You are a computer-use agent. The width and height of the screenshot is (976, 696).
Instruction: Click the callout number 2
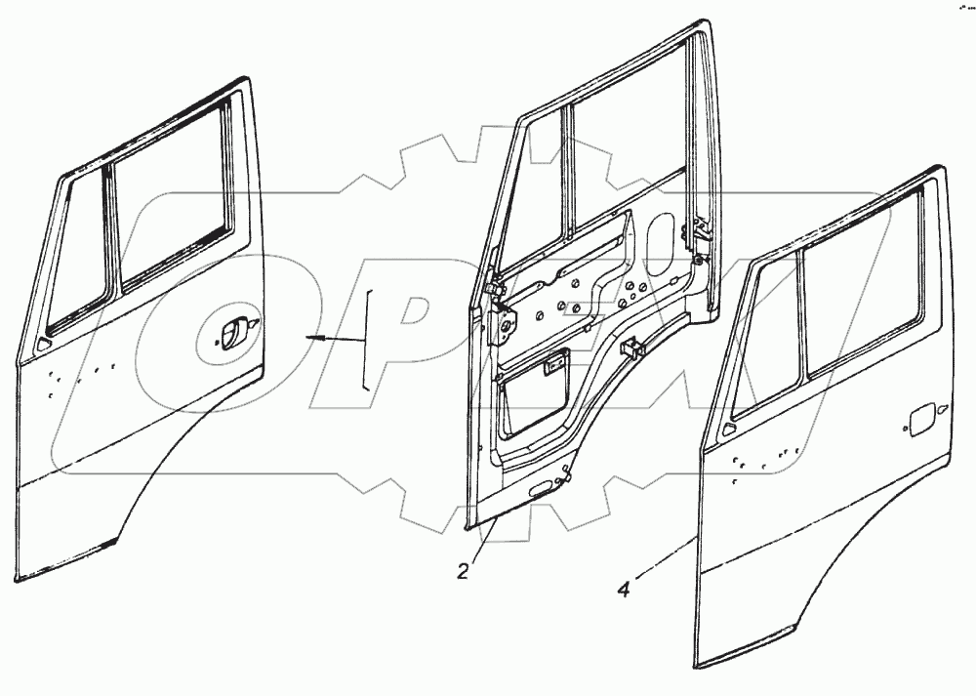pyautogui.click(x=464, y=570)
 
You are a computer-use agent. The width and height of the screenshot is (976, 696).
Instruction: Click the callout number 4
pyautogui.click(x=624, y=589)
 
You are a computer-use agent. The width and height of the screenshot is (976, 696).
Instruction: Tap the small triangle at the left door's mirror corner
pyautogui.click(x=42, y=344)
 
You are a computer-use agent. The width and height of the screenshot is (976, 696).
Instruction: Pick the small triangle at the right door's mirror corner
pyautogui.click(x=726, y=430)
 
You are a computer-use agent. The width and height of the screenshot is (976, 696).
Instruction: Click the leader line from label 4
pyautogui.click(x=664, y=561)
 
